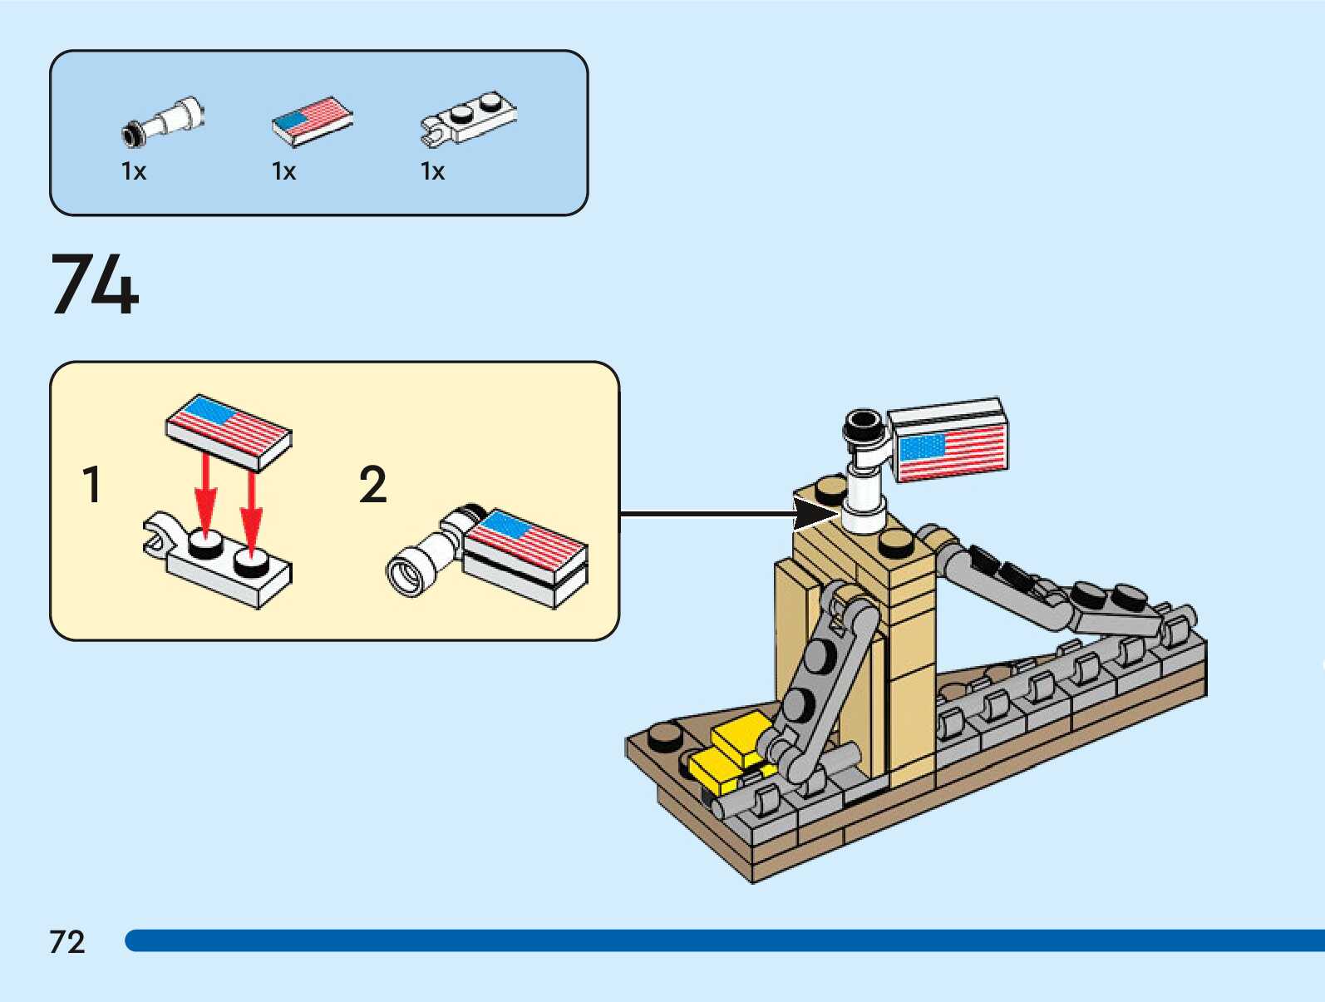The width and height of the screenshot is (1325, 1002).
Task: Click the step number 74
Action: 95,284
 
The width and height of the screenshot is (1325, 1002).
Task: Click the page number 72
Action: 67,941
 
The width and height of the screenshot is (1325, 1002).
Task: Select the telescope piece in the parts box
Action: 163,121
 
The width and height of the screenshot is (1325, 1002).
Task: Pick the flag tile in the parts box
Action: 312,121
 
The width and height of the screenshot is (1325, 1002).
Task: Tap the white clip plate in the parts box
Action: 469,119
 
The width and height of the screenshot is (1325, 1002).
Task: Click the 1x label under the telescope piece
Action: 133,171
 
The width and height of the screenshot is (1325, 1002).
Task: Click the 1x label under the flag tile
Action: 283,171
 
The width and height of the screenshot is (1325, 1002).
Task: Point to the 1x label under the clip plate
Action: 432,171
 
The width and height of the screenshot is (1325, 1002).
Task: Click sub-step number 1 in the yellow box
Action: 91,483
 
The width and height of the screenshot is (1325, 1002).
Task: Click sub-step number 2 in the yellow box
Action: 372,483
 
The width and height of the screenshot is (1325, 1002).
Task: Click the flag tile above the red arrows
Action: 229,432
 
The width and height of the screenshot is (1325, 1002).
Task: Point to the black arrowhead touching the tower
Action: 816,514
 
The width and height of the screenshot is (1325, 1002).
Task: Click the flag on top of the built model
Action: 948,441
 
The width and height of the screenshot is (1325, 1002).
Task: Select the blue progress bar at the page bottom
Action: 724,940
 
